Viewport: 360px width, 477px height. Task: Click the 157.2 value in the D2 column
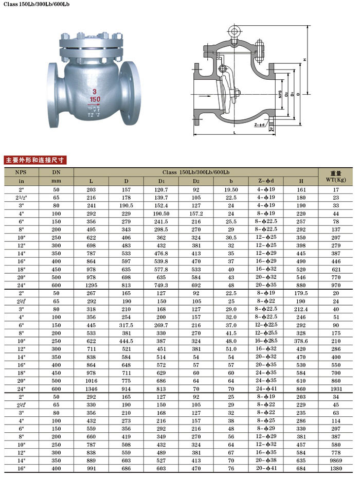[196, 213]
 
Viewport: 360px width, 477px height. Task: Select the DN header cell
[57, 172]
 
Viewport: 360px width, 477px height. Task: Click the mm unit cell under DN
[57, 181]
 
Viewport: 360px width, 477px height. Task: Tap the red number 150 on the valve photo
[95, 98]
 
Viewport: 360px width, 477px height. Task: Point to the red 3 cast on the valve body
[95, 91]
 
